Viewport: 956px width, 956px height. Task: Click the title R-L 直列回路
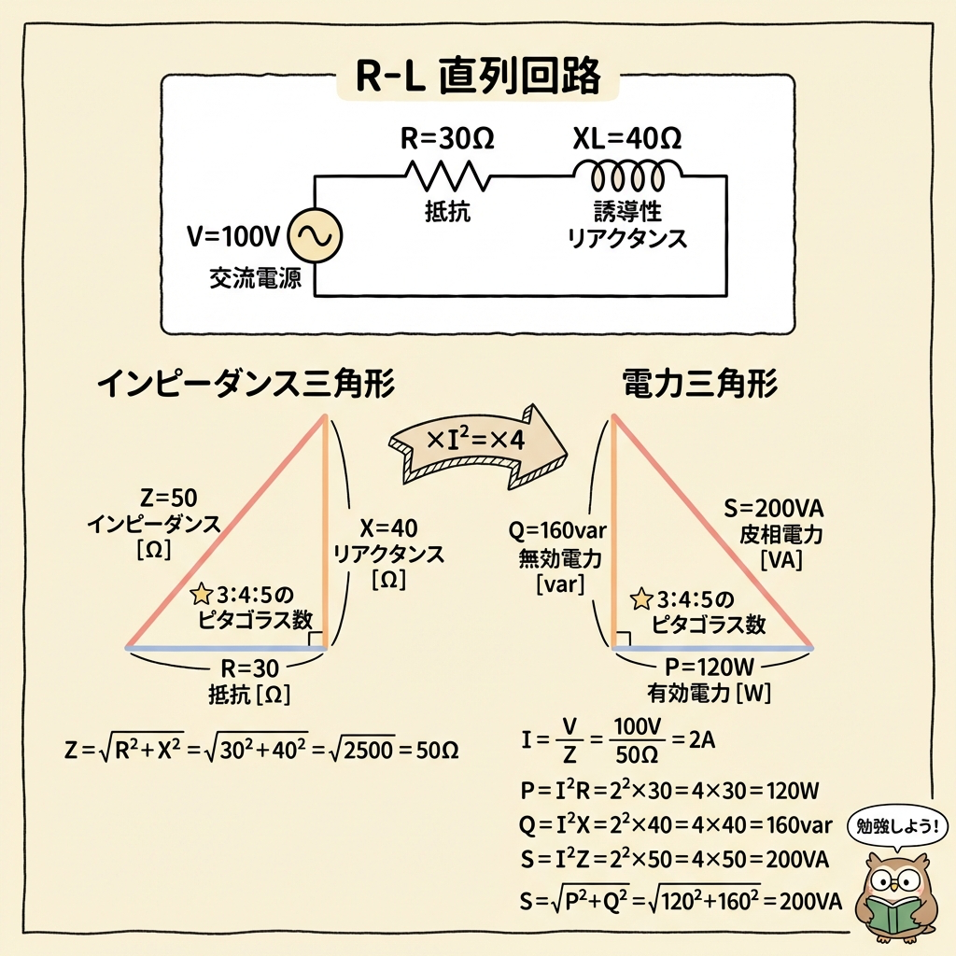(x=478, y=77)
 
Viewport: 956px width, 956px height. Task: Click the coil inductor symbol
(x=626, y=175)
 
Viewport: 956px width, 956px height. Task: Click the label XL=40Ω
(x=626, y=140)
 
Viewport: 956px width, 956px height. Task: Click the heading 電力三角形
(x=699, y=385)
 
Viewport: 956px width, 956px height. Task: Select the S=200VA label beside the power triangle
(x=779, y=510)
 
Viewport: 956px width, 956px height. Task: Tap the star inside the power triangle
(x=641, y=597)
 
